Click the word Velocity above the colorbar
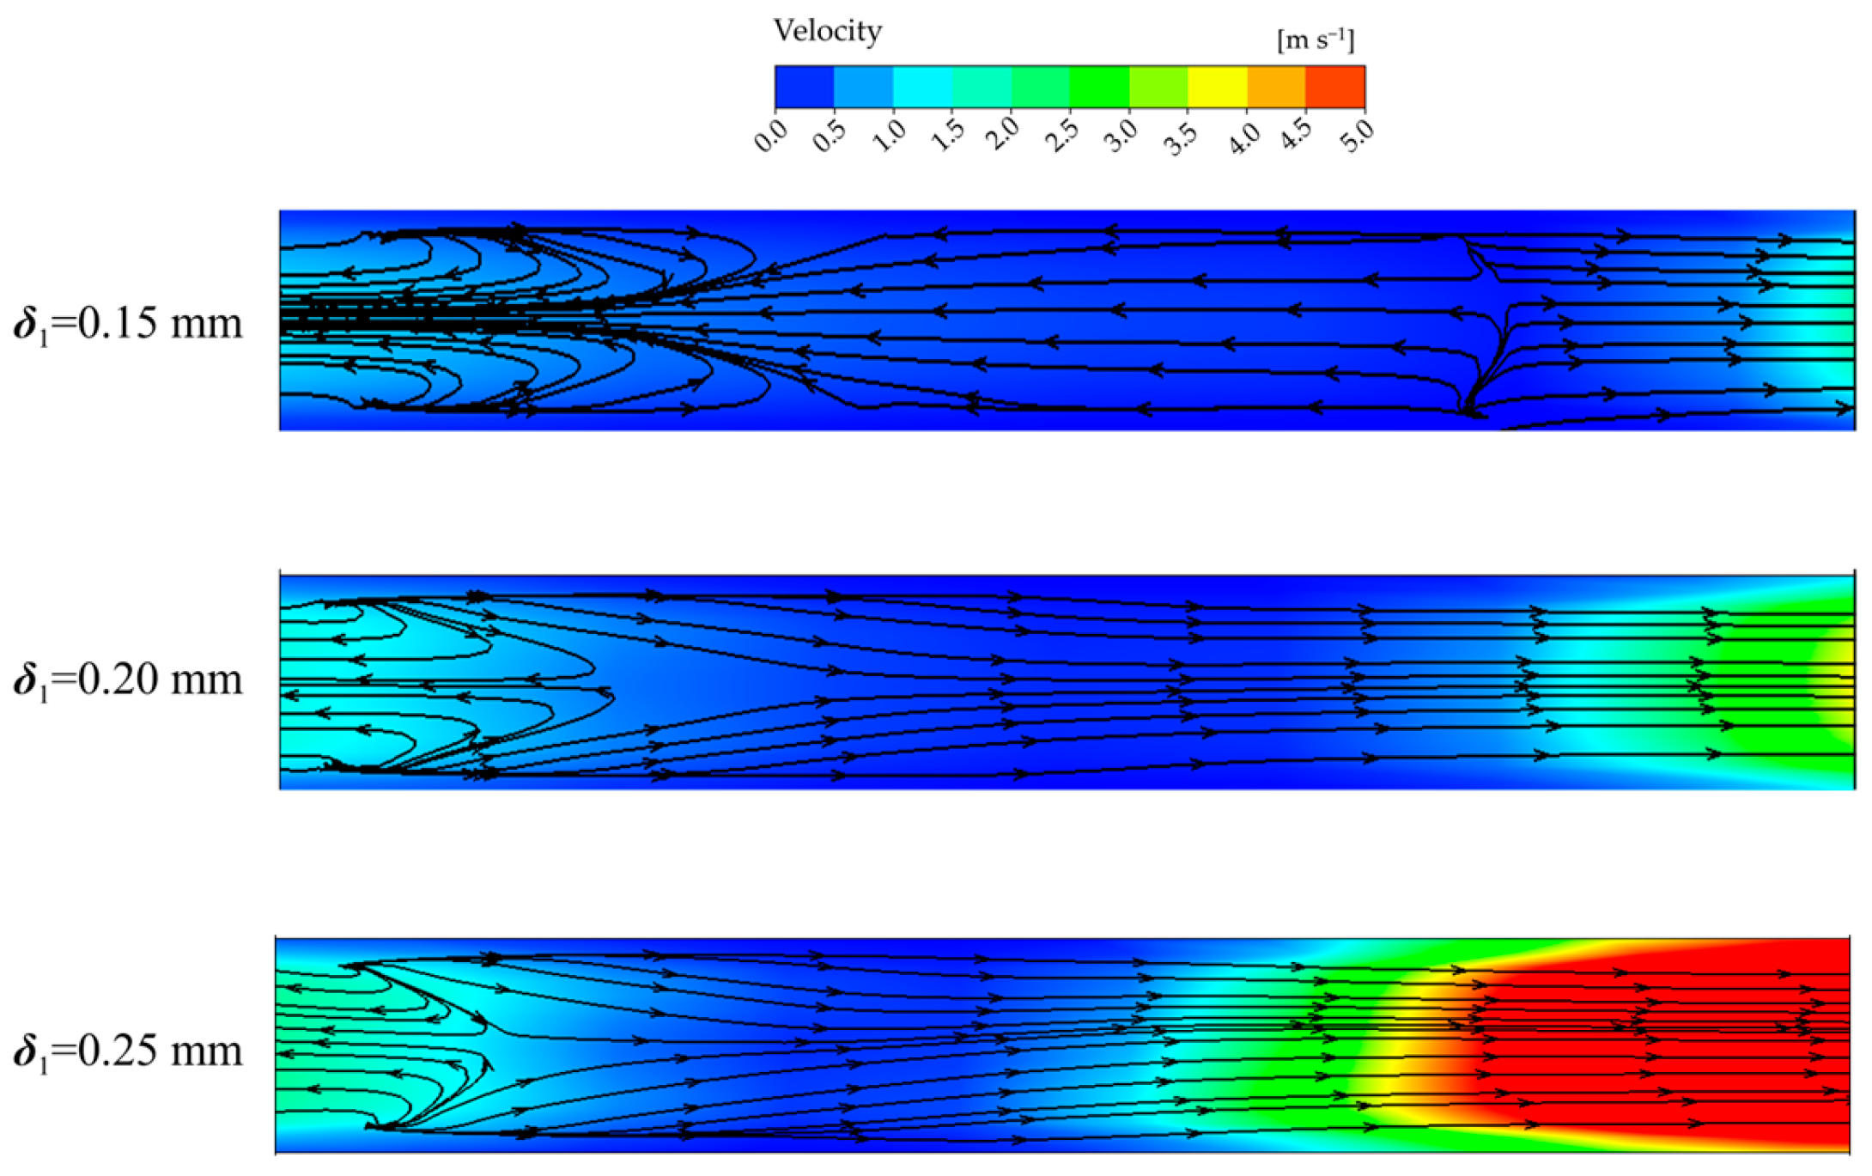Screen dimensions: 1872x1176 [x=828, y=32]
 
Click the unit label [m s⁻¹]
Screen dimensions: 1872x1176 [x=1316, y=40]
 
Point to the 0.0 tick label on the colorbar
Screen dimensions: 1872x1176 [x=770, y=136]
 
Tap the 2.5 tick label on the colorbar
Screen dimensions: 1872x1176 [x=1065, y=136]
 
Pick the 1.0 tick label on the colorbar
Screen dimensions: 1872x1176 [x=888, y=136]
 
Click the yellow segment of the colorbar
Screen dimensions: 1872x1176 [x=1218, y=87]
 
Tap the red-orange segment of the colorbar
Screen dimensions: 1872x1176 [x=1335, y=87]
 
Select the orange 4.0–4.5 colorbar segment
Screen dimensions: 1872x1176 [x=1276, y=87]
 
